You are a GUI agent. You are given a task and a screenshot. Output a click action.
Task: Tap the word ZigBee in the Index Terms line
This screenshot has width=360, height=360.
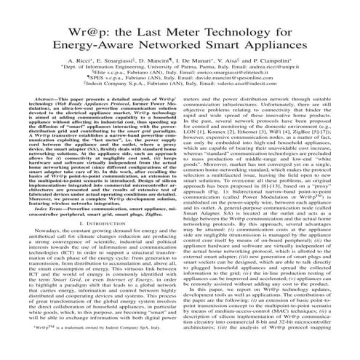(x=149, y=256)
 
